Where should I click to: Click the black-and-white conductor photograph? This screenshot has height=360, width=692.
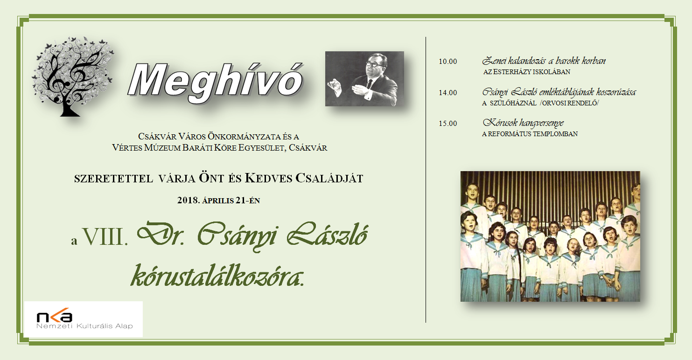coord(364,79)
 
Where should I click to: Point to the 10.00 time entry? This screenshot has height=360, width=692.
coord(447,62)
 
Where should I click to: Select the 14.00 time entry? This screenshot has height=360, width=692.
coord(447,93)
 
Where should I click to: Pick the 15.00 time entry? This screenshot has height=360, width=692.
coord(447,124)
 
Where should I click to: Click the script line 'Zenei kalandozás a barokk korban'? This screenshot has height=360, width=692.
coord(544,61)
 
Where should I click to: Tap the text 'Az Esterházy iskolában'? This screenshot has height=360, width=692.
coord(527,72)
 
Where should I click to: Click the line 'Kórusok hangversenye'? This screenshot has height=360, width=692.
coord(523,123)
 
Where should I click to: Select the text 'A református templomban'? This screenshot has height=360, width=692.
coord(530,134)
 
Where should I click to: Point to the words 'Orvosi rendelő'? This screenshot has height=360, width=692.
coord(570,104)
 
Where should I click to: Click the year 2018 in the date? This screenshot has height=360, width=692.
coord(188,201)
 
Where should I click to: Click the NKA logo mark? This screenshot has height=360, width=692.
coord(55,316)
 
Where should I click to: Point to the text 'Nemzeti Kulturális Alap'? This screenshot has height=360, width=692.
coord(84,326)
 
